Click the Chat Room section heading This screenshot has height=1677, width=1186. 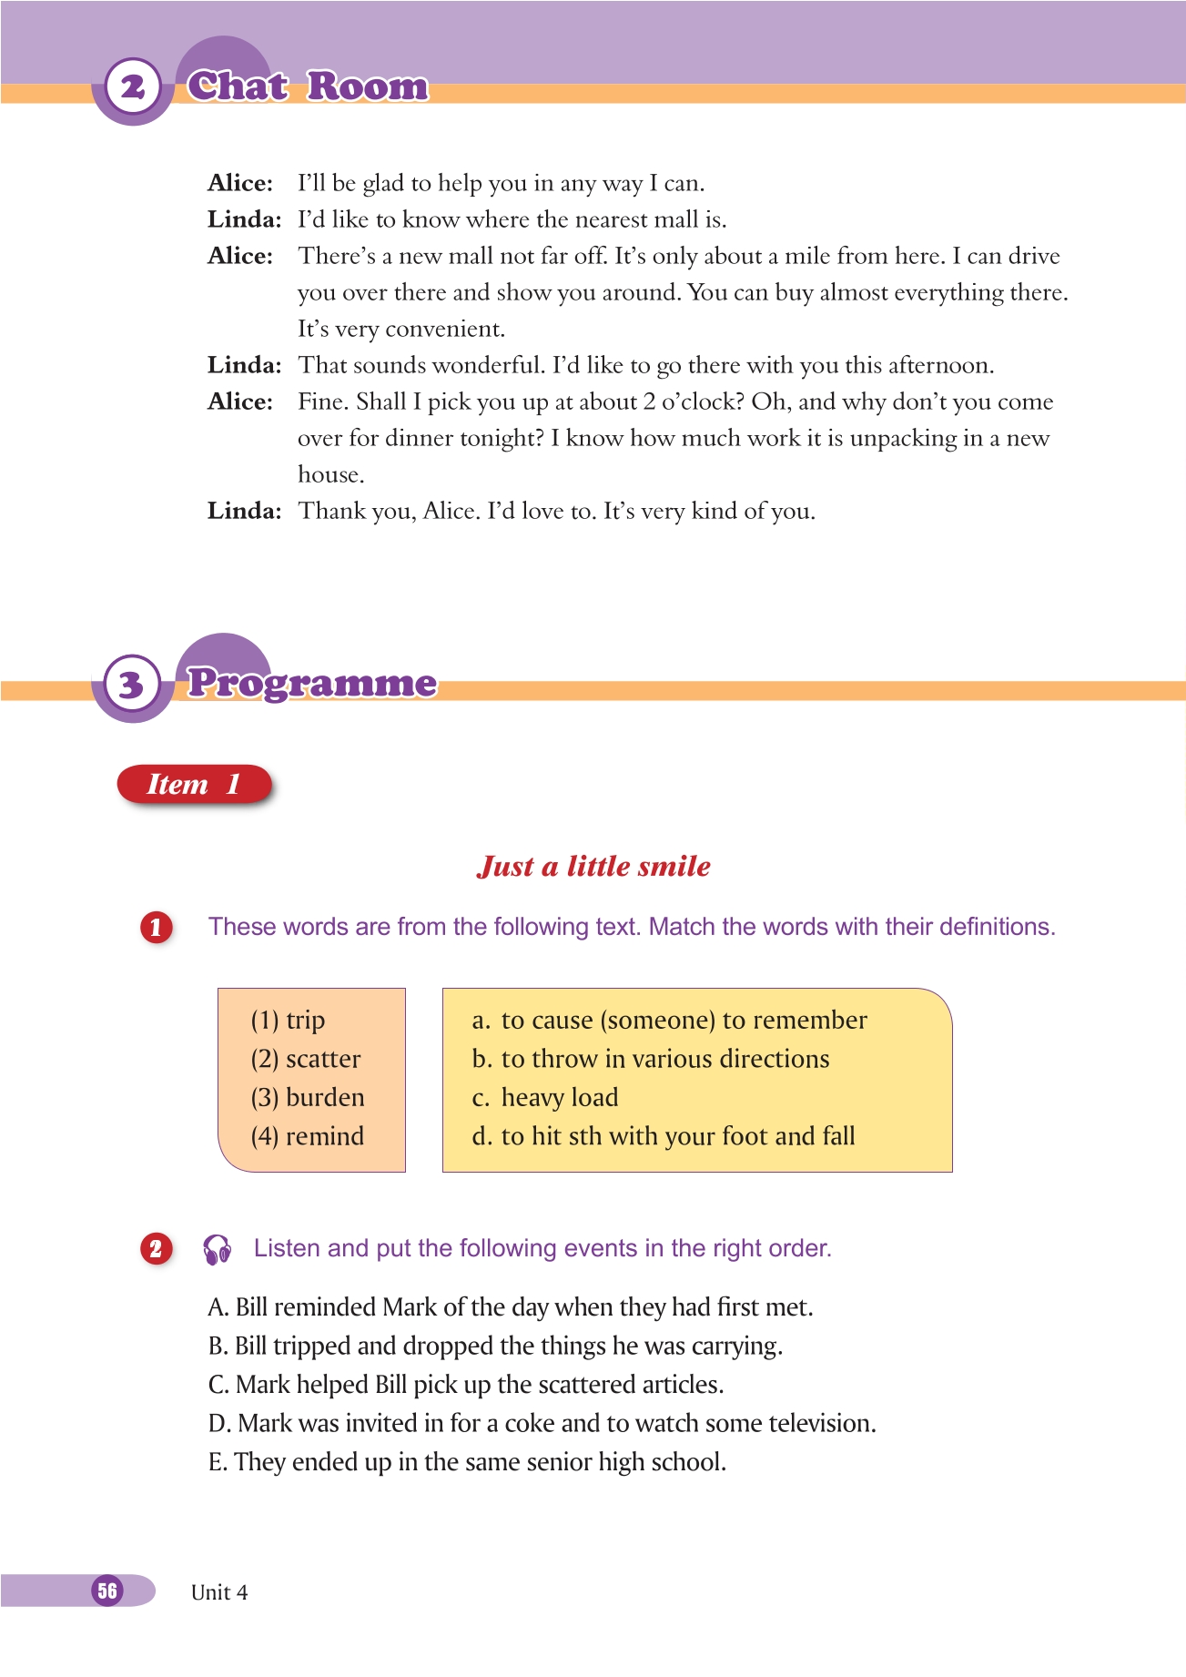click(308, 86)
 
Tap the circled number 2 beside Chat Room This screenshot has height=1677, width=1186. click(133, 87)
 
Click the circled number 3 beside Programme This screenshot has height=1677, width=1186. click(132, 684)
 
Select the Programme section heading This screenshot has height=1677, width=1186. click(311, 683)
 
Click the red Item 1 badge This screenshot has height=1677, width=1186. click(194, 784)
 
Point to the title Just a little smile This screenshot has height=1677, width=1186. click(593, 866)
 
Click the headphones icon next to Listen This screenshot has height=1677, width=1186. click(218, 1249)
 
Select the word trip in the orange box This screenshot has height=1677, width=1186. click(305, 1021)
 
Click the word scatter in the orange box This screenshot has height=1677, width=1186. click(323, 1059)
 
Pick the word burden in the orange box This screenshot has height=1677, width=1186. click(325, 1097)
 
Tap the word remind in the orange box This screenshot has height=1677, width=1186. click(325, 1136)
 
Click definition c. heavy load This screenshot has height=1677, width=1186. click(545, 1097)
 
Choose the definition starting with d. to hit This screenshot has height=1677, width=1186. click(664, 1136)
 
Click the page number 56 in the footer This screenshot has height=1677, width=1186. click(107, 1591)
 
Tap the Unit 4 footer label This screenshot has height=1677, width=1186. click(219, 1592)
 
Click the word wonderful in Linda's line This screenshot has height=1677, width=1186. click(484, 365)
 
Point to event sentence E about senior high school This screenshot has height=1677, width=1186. click(467, 1462)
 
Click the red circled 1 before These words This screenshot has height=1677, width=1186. click(156, 927)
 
